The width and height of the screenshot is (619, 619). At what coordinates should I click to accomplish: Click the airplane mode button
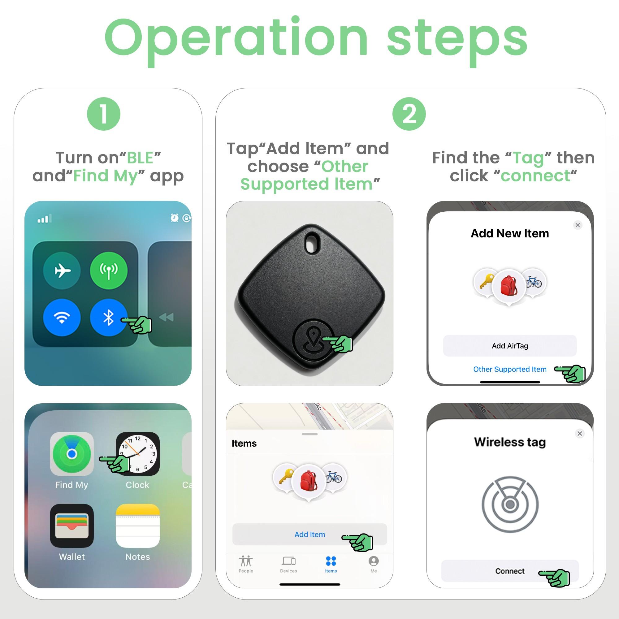(x=62, y=271)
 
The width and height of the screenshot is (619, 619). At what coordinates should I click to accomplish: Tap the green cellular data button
(x=109, y=271)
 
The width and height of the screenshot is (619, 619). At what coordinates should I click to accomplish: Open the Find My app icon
(x=72, y=454)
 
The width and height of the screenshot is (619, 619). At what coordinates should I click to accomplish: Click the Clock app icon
(x=138, y=454)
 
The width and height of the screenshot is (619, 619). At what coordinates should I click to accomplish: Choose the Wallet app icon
(x=72, y=526)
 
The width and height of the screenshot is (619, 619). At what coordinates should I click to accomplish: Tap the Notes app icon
(x=138, y=526)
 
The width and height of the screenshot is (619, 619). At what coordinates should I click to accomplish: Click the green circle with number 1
(x=103, y=114)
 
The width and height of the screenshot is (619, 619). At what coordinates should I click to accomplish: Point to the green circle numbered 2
(x=409, y=114)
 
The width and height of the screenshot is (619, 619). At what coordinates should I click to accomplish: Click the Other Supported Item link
(x=509, y=369)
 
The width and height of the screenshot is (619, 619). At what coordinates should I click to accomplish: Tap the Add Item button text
(x=309, y=535)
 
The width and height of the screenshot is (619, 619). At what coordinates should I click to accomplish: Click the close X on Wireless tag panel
(x=580, y=434)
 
